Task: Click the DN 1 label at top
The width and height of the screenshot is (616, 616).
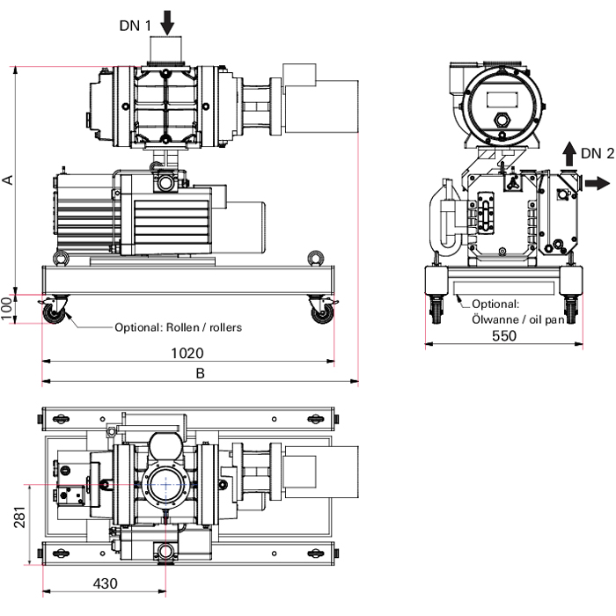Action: tap(135, 25)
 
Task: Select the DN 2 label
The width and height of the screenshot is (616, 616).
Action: tap(598, 153)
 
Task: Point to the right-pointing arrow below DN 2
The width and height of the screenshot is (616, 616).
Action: tap(596, 183)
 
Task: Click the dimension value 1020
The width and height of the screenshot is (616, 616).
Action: tap(187, 353)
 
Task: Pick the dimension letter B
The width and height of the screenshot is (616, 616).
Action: tap(200, 373)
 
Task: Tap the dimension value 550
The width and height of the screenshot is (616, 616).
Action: tap(503, 335)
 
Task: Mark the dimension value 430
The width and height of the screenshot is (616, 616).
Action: tap(104, 583)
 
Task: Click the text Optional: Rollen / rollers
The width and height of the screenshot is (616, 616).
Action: tap(178, 327)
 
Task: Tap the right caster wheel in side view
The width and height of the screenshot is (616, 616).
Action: tap(320, 312)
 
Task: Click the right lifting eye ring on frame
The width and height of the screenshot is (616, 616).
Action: tap(313, 258)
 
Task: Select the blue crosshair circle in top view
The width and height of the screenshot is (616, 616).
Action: tap(165, 484)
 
